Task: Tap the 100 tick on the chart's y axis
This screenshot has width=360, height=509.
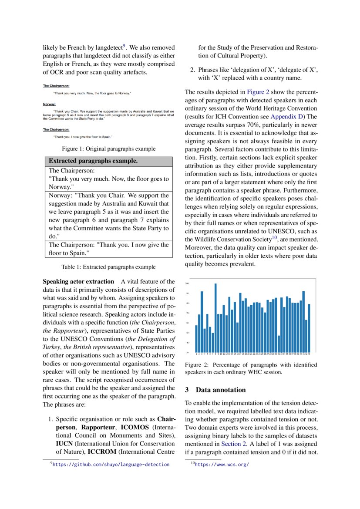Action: pos(187,283)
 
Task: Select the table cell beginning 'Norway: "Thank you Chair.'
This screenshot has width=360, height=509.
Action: pos(109,216)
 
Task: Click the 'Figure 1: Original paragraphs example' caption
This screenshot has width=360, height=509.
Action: pos(108,149)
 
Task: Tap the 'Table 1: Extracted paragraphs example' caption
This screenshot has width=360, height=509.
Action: pos(108,267)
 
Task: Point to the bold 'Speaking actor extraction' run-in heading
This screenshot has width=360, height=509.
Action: pos(78,281)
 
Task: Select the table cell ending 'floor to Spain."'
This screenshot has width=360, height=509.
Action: pos(109,249)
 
